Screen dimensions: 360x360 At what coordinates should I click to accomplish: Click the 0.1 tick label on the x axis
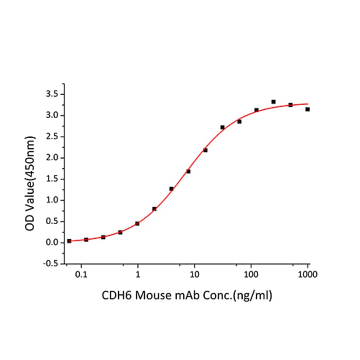coord(82,273)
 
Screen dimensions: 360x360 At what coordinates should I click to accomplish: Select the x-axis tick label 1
coord(138,273)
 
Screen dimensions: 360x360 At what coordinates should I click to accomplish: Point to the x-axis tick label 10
coord(194,273)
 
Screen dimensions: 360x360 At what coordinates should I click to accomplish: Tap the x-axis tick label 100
coord(251,273)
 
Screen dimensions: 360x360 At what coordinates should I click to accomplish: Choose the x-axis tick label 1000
coord(307,273)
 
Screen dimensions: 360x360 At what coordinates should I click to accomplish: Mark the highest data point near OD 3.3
coord(273,102)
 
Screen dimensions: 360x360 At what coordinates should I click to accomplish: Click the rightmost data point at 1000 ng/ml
coord(307,109)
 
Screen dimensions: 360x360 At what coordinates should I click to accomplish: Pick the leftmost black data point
coord(69,241)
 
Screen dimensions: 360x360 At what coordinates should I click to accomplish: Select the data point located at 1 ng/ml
coord(137,223)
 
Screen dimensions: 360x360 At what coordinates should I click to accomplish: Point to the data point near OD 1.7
coord(188,172)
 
